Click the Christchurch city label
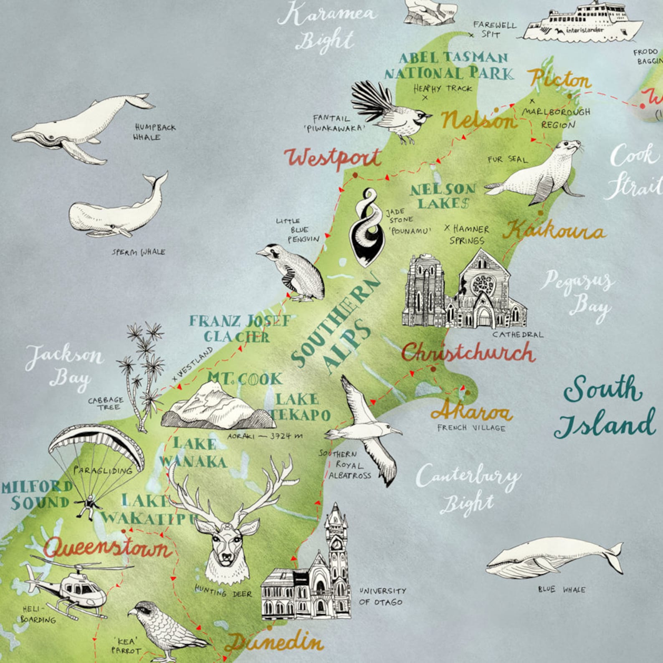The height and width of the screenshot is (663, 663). [468, 353]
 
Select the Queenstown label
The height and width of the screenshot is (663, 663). [108, 548]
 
